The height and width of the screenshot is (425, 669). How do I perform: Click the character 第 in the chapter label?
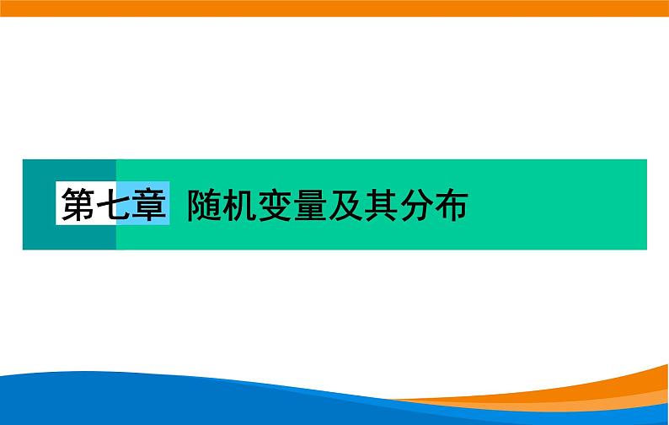click(x=78, y=205)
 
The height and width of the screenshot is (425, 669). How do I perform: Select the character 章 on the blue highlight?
click(x=150, y=205)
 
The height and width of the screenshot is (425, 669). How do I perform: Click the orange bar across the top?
click(x=334, y=8)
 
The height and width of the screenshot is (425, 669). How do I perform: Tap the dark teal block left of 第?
click(x=39, y=205)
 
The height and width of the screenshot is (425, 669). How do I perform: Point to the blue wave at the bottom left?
click(x=126, y=405)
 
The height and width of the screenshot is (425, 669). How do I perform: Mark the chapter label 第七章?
click(x=114, y=205)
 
